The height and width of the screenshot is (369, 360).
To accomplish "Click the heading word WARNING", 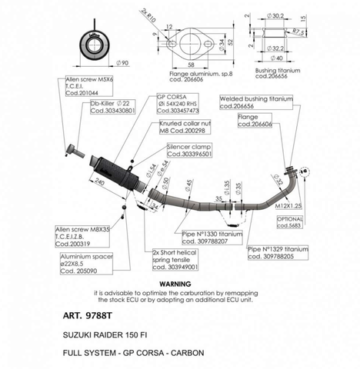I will click(x=180, y=284).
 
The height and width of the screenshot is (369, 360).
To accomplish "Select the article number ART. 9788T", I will click(x=85, y=314).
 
